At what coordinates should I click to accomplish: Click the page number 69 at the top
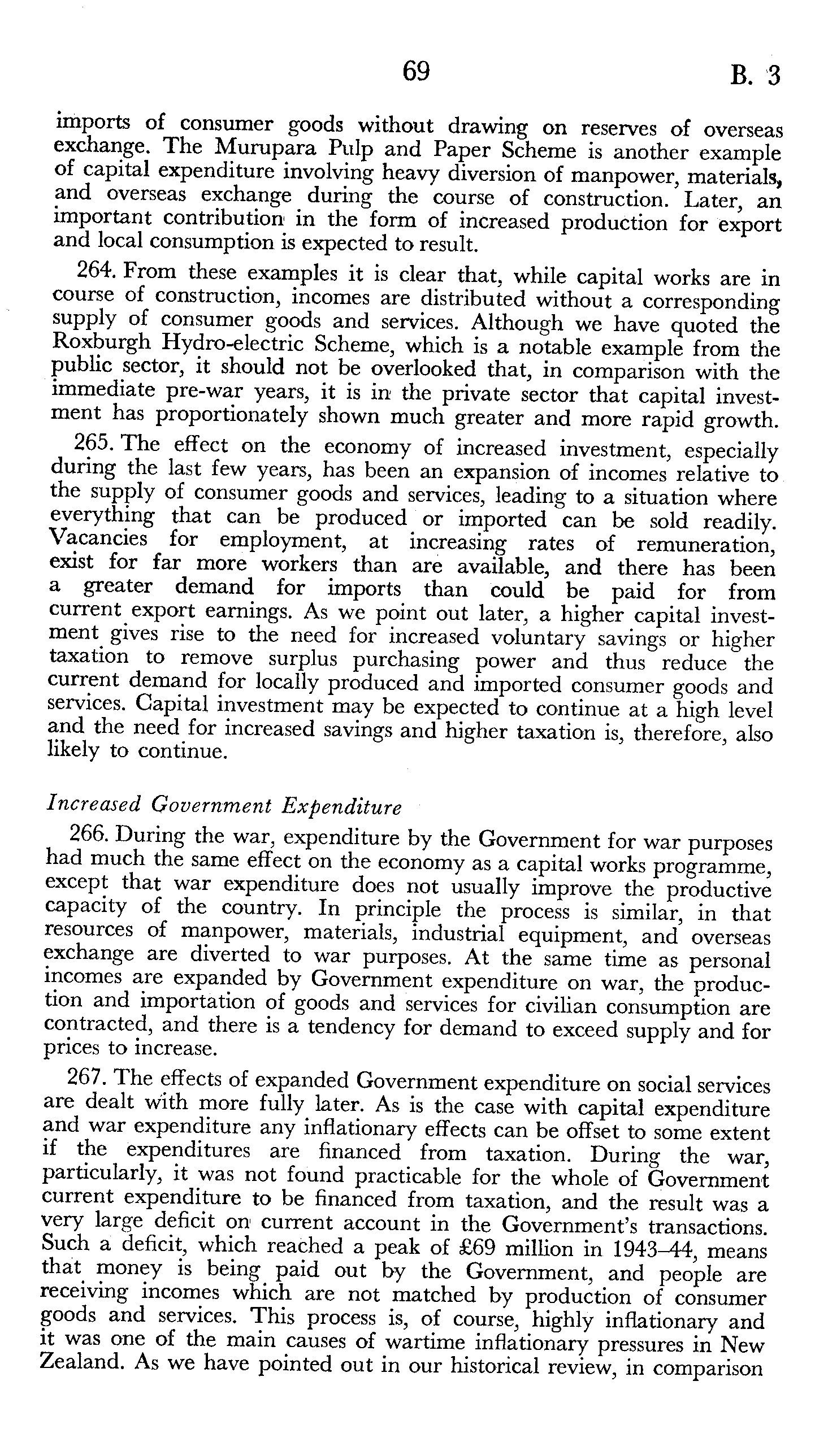(416, 72)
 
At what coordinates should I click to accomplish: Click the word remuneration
(706, 545)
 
